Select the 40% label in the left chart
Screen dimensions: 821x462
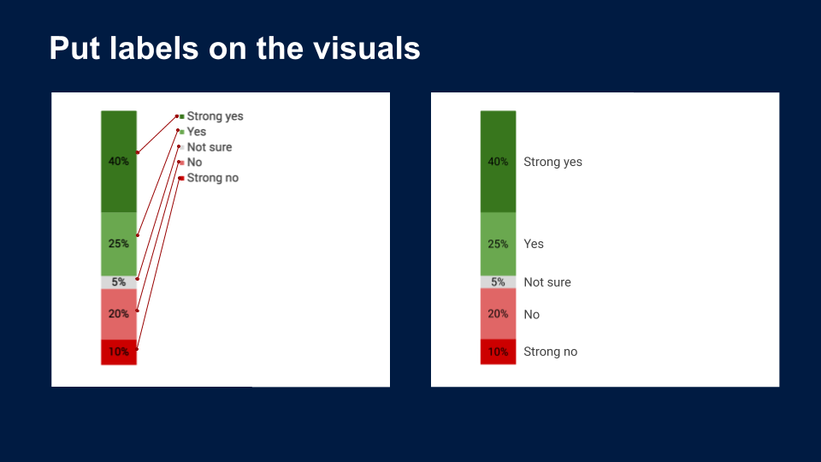tap(119, 162)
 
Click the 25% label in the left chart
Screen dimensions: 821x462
tap(119, 244)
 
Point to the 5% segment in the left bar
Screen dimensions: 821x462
tap(119, 282)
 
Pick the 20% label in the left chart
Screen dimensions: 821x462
tap(119, 314)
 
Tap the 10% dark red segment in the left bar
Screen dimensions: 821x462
tap(119, 352)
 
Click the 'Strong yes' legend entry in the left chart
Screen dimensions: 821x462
tap(211, 116)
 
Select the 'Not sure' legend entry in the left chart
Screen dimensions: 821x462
tap(205, 147)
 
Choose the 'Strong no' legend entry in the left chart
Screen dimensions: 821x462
tap(209, 178)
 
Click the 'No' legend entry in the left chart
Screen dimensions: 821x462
tap(191, 163)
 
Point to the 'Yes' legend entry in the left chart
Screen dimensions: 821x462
tap(192, 132)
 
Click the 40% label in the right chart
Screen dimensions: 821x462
tap(498, 162)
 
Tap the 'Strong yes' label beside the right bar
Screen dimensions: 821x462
tap(553, 162)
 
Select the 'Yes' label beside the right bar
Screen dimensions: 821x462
tap(534, 244)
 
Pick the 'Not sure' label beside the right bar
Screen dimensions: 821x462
tap(547, 282)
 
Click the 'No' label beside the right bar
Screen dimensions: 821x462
tap(531, 314)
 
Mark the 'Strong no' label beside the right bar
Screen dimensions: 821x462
tap(550, 352)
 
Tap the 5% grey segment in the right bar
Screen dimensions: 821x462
tap(499, 282)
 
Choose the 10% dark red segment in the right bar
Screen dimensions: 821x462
tap(499, 352)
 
